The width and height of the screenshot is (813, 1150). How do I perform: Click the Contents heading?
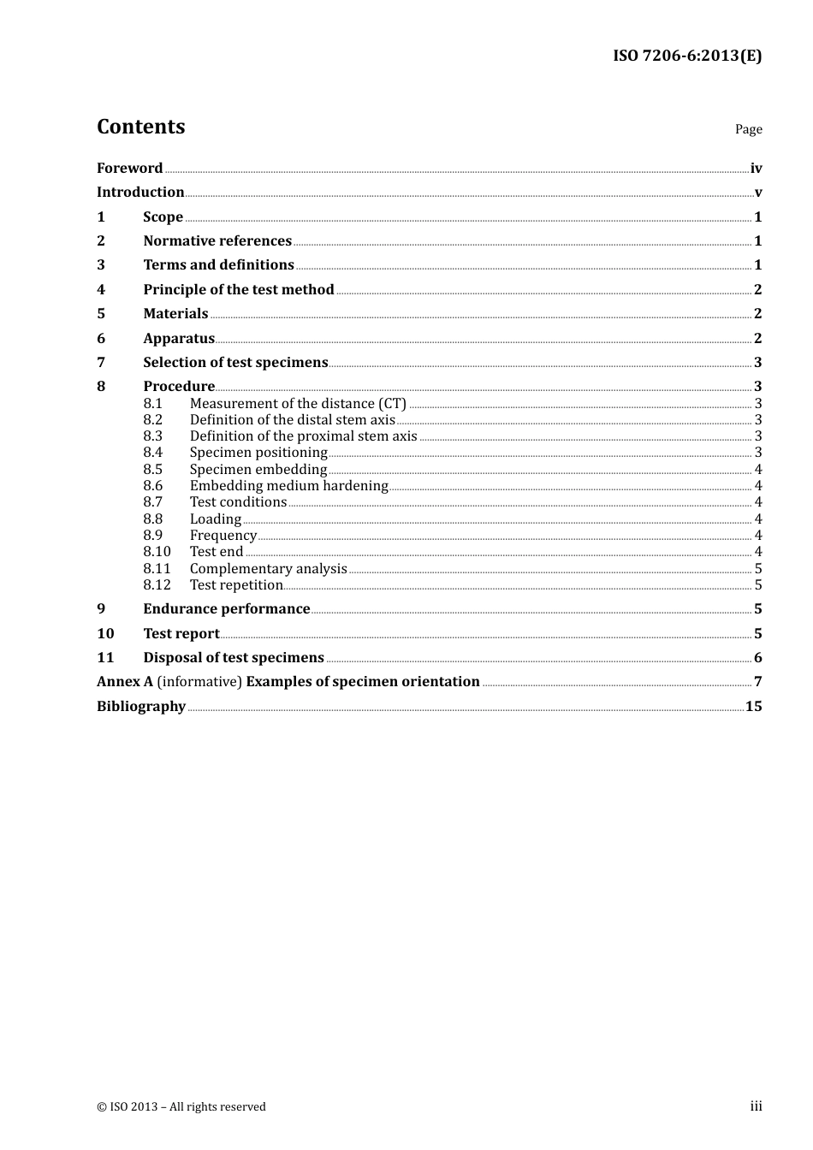tap(140, 127)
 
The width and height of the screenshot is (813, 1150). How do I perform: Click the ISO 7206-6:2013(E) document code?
tap(687, 56)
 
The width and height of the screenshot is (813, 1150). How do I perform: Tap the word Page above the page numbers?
tap(748, 129)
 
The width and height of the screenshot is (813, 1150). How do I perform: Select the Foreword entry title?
tap(129, 169)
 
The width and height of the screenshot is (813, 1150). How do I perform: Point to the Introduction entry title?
tap(140, 193)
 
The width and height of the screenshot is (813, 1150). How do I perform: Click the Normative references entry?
tap(217, 241)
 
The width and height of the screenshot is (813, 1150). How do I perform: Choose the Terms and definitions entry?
tap(218, 265)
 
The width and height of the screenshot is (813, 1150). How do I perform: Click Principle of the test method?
tap(238, 290)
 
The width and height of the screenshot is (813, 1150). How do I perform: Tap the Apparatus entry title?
tap(179, 339)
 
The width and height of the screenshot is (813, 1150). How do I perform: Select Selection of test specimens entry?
tap(235, 363)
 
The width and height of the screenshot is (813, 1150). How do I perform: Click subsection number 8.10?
tap(157, 552)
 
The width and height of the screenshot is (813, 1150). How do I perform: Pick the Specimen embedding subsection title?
tap(258, 470)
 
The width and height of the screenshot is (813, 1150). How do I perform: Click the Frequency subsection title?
tap(223, 536)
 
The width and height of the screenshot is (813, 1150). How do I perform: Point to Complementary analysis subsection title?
tap(268, 569)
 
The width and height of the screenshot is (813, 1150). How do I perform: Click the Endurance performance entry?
tap(226, 609)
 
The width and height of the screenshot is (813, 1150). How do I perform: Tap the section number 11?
tap(105, 658)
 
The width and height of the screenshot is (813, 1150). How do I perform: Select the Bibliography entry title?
tap(141, 707)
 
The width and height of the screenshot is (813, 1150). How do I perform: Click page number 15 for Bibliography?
tap(753, 707)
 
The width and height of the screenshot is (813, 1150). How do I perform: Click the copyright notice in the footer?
tap(181, 1107)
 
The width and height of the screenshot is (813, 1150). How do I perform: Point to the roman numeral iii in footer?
tap(756, 1106)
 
